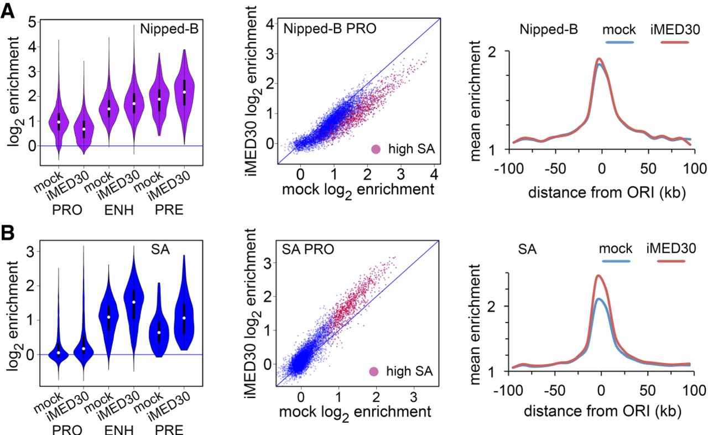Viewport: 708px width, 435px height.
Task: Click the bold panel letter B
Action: pyautogui.click(x=8, y=233)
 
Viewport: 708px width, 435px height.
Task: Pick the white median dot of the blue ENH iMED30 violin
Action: pyautogui.click(x=134, y=302)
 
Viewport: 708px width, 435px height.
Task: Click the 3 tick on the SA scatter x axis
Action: pyautogui.click(x=413, y=397)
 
